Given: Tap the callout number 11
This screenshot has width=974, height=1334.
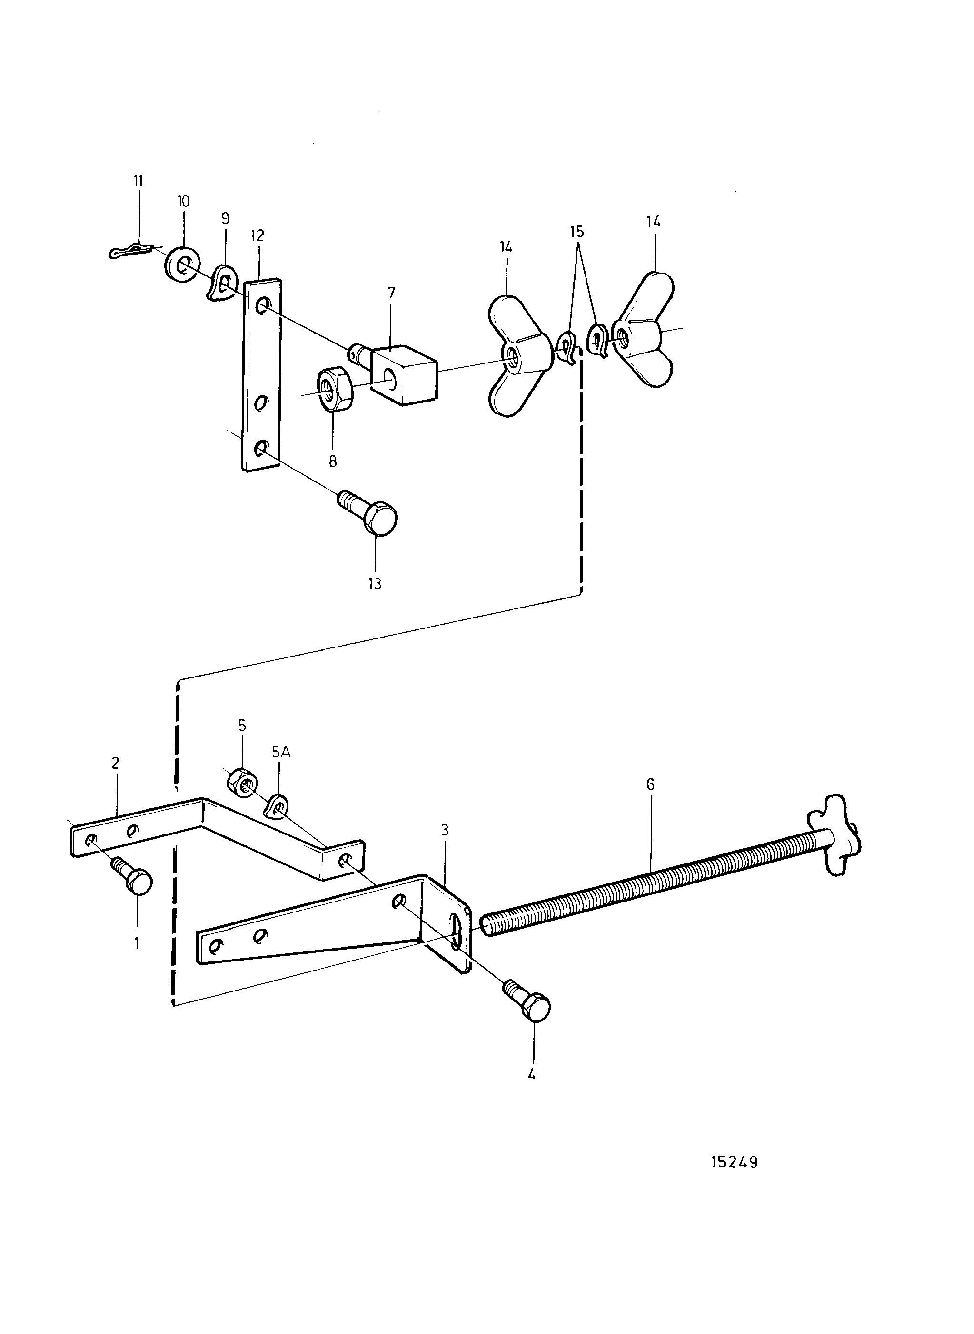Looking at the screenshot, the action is (139, 180).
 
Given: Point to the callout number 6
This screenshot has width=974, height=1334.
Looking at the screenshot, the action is (650, 784).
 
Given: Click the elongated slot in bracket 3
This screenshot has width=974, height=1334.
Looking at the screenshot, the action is (457, 931).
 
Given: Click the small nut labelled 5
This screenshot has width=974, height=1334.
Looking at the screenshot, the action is (242, 781).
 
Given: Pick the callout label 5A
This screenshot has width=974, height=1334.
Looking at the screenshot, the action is (281, 753).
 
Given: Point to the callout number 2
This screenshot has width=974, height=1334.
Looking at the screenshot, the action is (115, 763).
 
